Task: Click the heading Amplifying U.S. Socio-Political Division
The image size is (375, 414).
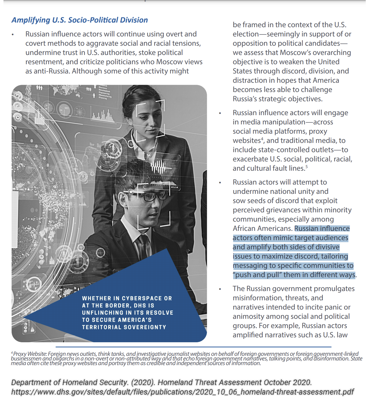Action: [79, 20]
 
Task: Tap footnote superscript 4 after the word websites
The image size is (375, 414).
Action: [262, 139]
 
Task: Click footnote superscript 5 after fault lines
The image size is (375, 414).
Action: [307, 167]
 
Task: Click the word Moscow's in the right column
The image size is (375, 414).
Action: [295, 53]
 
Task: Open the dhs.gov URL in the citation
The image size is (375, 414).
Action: [183, 392]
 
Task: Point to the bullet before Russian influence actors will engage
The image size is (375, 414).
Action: [220, 113]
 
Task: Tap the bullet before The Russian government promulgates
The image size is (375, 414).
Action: [220, 289]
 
